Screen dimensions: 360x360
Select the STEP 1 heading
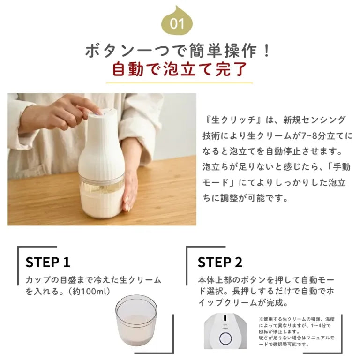48,262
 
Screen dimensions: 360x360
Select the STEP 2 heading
220,262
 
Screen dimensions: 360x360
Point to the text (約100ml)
89,291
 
